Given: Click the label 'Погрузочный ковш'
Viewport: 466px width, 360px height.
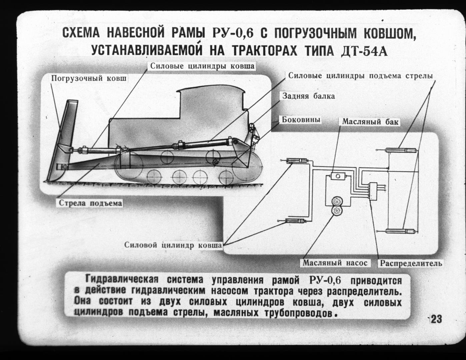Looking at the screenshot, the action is tap(89, 78).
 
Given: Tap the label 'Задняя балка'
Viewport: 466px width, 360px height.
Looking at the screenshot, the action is tap(308, 96).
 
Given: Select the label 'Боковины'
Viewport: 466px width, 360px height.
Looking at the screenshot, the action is tap(301, 120).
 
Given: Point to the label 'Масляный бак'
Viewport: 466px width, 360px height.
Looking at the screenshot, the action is tap(370, 122).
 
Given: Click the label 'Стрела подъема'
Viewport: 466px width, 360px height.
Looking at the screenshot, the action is tap(90, 203).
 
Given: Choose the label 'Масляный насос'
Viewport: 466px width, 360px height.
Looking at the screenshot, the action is tap(335, 263).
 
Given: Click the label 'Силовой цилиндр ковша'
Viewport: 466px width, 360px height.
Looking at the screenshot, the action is tap(173, 245).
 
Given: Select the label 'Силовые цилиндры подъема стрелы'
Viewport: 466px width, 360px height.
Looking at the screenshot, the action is tap(360, 76).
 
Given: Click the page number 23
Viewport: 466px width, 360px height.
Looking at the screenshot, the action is tap(436, 319).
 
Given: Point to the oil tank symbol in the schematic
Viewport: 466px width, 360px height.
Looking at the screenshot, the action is tap(338, 176).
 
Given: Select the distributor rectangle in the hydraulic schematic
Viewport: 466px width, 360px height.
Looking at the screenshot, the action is tap(373, 191).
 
